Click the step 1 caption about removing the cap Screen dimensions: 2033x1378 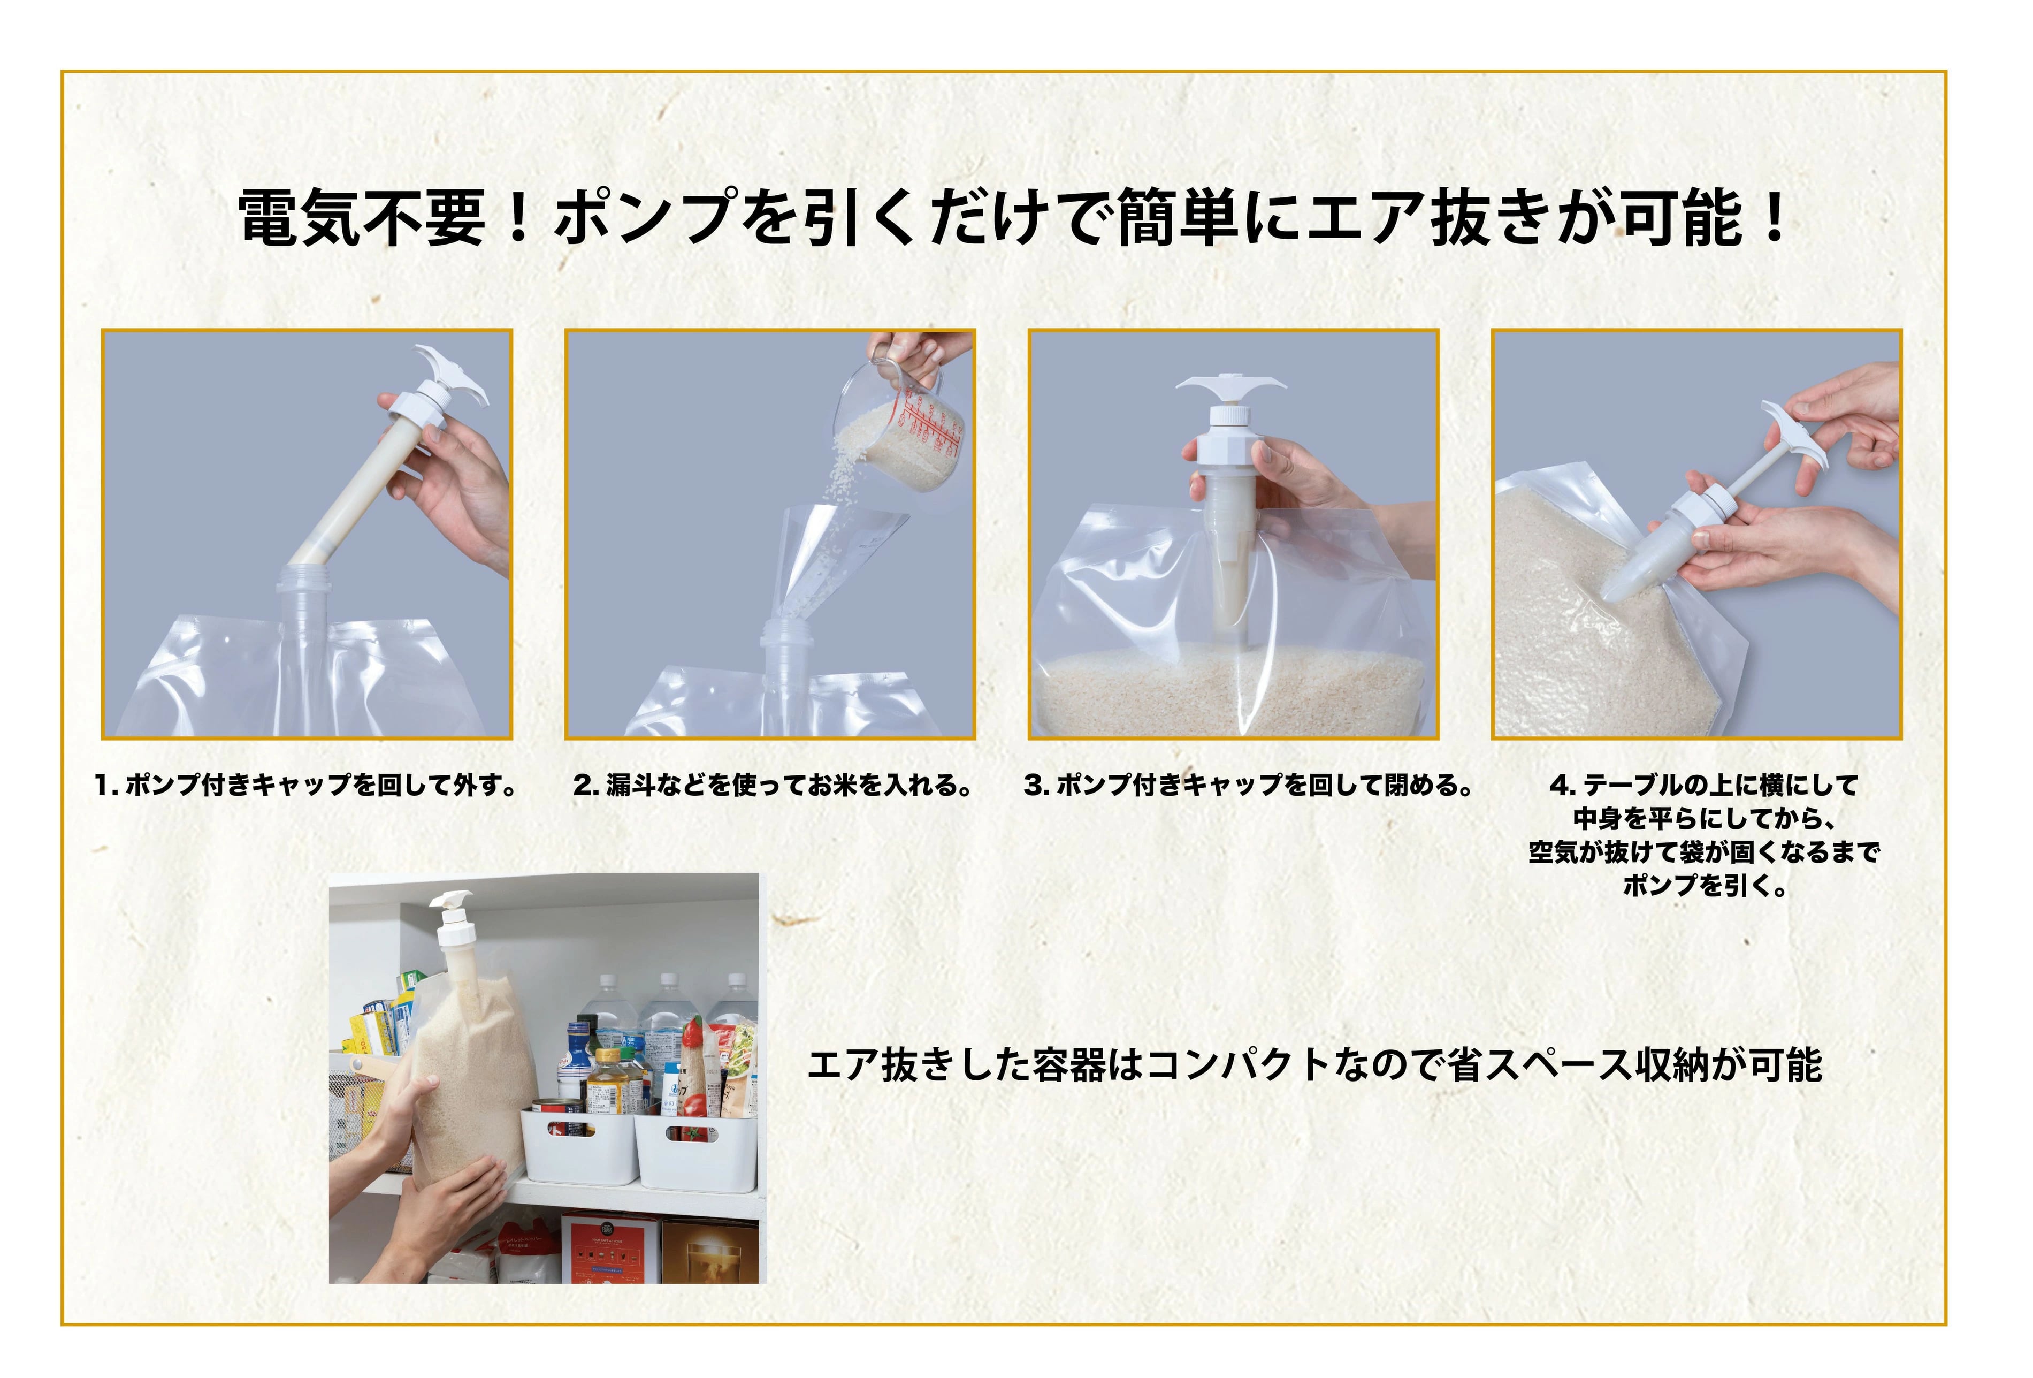tap(306, 785)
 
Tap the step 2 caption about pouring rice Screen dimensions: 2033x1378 tap(773, 785)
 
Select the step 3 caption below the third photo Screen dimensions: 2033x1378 tap(1248, 785)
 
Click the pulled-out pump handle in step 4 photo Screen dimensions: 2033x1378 tap(1793, 437)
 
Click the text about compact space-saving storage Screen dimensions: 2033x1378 tap(1315, 1065)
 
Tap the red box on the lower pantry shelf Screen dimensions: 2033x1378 tap(610, 1247)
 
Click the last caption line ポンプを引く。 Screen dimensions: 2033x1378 tap(1705, 886)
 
